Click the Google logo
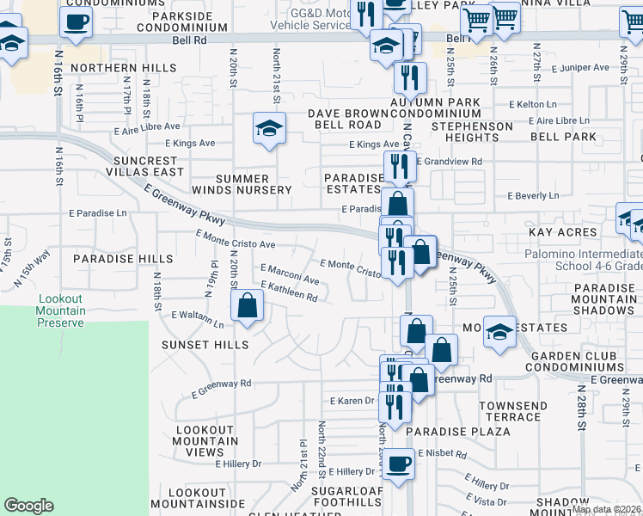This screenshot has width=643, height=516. click(28, 506)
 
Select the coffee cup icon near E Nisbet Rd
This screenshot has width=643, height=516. click(398, 465)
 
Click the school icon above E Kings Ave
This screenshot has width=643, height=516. click(270, 130)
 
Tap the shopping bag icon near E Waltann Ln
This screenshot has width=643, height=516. click(247, 306)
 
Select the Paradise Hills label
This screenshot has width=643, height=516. click(111, 258)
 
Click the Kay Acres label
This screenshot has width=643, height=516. click(562, 232)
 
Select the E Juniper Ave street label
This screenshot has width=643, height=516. click(580, 67)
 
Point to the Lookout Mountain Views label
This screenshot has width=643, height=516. click(205, 440)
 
